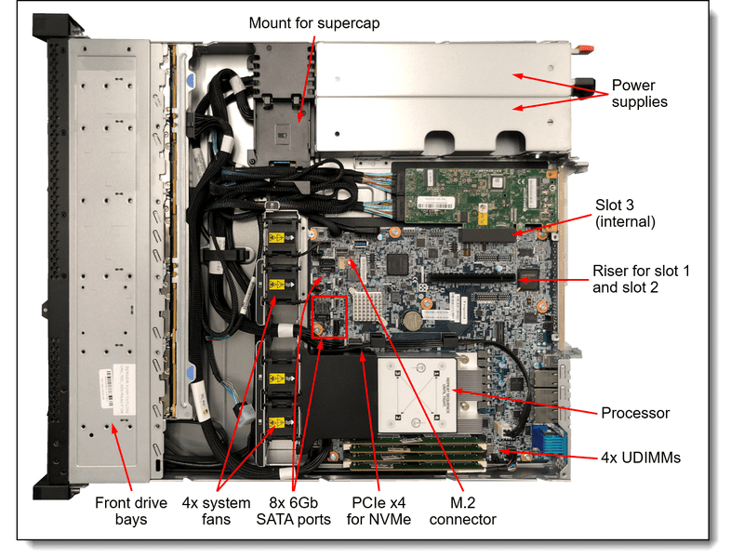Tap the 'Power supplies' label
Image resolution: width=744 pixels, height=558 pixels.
640,93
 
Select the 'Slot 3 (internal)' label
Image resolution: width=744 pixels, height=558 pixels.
625,212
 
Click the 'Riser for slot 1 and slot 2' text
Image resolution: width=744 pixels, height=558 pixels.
642,279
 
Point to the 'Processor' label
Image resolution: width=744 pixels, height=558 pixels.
635,412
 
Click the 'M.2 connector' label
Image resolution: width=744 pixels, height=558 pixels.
459,511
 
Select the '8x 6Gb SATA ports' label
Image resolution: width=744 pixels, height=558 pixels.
294,511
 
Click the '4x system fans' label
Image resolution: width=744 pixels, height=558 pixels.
216,511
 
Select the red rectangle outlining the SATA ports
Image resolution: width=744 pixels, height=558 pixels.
330,316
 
